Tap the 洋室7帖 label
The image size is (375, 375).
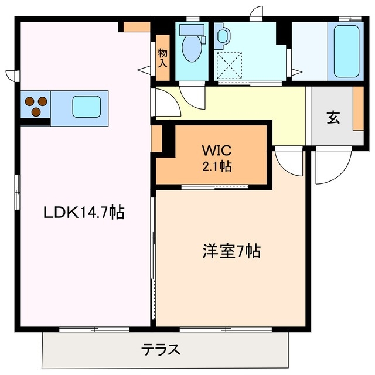(x=231, y=252)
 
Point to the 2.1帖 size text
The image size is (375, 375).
(x=217, y=166)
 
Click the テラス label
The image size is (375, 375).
(x=159, y=351)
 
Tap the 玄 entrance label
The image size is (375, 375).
(x=333, y=117)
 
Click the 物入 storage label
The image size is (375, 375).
(x=162, y=57)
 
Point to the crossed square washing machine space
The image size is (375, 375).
(x=229, y=64)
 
